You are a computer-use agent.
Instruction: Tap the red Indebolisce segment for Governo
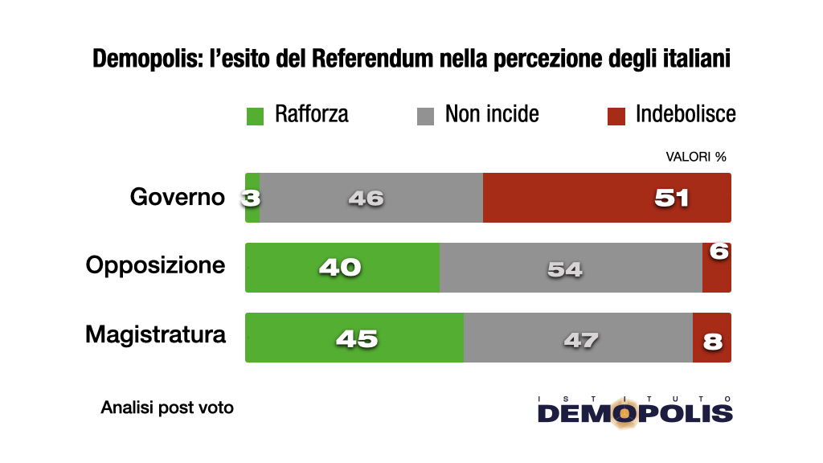pyautogui.click(x=607, y=198)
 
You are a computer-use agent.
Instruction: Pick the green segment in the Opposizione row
pyautogui.click(x=342, y=268)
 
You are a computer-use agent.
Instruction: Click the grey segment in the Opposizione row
pyautogui.click(x=571, y=268)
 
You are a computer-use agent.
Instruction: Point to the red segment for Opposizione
pyautogui.click(x=717, y=273)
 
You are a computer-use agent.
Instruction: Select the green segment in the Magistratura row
pyautogui.click(x=354, y=338)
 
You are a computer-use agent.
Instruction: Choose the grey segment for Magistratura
pyautogui.click(x=578, y=338)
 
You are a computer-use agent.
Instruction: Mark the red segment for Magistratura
pyautogui.click(x=712, y=338)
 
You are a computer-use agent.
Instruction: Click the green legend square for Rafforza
pyautogui.click(x=255, y=116)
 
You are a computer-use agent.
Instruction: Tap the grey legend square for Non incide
pyautogui.click(x=425, y=116)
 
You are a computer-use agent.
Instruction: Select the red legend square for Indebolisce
pyautogui.click(x=616, y=116)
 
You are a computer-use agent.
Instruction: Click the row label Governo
pyautogui.click(x=178, y=197)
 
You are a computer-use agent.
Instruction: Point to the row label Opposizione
pyautogui.click(x=155, y=265)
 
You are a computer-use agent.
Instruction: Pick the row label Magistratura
pyautogui.click(x=155, y=334)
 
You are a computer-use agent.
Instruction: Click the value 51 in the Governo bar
pyautogui.click(x=672, y=198)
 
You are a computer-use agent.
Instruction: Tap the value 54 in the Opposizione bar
pyautogui.click(x=564, y=269)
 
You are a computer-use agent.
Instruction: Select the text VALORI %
pyautogui.click(x=696, y=157)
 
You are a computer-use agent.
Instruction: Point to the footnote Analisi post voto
pyautogui.click(x=167, y=408)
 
